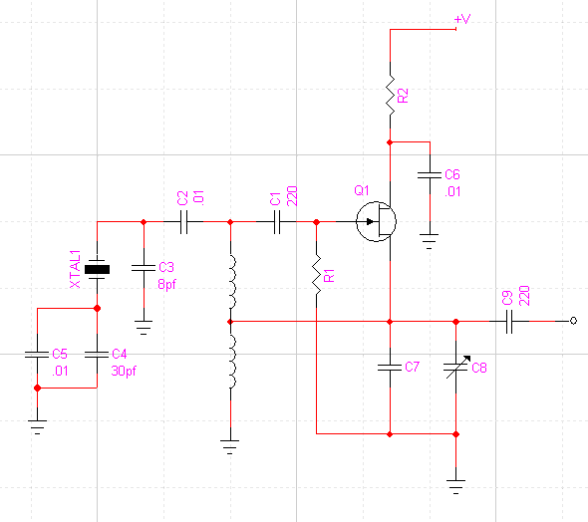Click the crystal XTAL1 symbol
pyautogui.click(x=97, y=269)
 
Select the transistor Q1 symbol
pyautogui.click(x=376, y=221)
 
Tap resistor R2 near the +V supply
pyautogui.click(x=390, y=96)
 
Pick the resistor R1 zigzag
pyautogui.click(x=317, y=275)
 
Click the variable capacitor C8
pyautogui.click(x=456, y=368)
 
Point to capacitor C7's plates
pyautogui.click(x=390, y=368)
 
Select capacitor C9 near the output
pyautogui.click(x=509, y=321)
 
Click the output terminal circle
pyautogui.click(x=573, y=321)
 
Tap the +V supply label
pyautogui.click(x=462, y=19)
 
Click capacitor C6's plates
pyautogui.click(x=430, y=175)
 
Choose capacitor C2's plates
pyautogui.click(x=183, y=222)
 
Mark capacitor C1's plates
pyautogui.click(x=277, y=222)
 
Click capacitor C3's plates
pyautogui.click(x=144, y=268)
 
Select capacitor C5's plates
pyautogui.click(x=37, y=354)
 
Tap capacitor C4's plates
pyautogui.click(x=97, y=354)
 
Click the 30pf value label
pyautogui.click(x=124, y=371)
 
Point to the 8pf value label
pyautogui.click(x=166, y=285)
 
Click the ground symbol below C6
pyautogui.click(x=430, y=241)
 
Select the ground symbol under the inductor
pyautogui.click(x=230, y=447)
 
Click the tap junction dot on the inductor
pyautogui.click(x=230, y=322)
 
